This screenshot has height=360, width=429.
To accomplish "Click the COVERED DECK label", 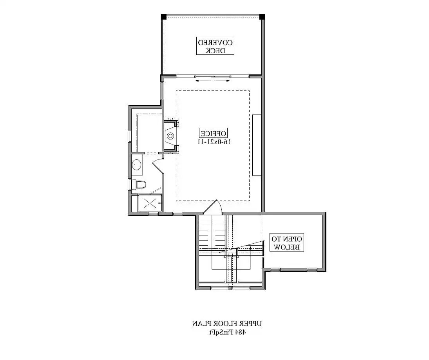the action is tap(215, 46).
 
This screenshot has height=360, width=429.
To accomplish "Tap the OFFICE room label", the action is tap(213, 133).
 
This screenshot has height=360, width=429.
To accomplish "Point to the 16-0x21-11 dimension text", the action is tap(214, 142).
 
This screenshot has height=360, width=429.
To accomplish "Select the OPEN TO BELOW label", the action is tap(287, 242).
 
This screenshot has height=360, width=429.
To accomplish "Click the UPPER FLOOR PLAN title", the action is tap(227, 323).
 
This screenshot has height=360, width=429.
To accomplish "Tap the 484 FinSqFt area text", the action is tap(227, 332).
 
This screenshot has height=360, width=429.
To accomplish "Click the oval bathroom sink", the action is tap(136, 165).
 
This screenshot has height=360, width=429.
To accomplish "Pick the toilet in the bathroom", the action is tap(139, 185).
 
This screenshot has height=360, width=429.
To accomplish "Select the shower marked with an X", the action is tap(150, 203).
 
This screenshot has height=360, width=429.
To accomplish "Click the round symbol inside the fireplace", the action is tap(170, 136).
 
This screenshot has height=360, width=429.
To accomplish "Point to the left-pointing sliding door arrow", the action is tap(203, 81).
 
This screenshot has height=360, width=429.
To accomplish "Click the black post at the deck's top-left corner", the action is tap(164, 17).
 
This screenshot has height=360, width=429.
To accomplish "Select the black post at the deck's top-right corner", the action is tap(262, 17).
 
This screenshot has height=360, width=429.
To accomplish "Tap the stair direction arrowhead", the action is tap(251, 248).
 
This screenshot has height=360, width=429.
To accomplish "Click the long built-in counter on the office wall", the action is tap(257, 145).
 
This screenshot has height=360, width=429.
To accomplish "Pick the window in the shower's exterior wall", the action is tap(153, 213).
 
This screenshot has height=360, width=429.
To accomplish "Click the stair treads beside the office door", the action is tap(212, 234).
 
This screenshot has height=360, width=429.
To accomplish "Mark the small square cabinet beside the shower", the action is tap(134, 204).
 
